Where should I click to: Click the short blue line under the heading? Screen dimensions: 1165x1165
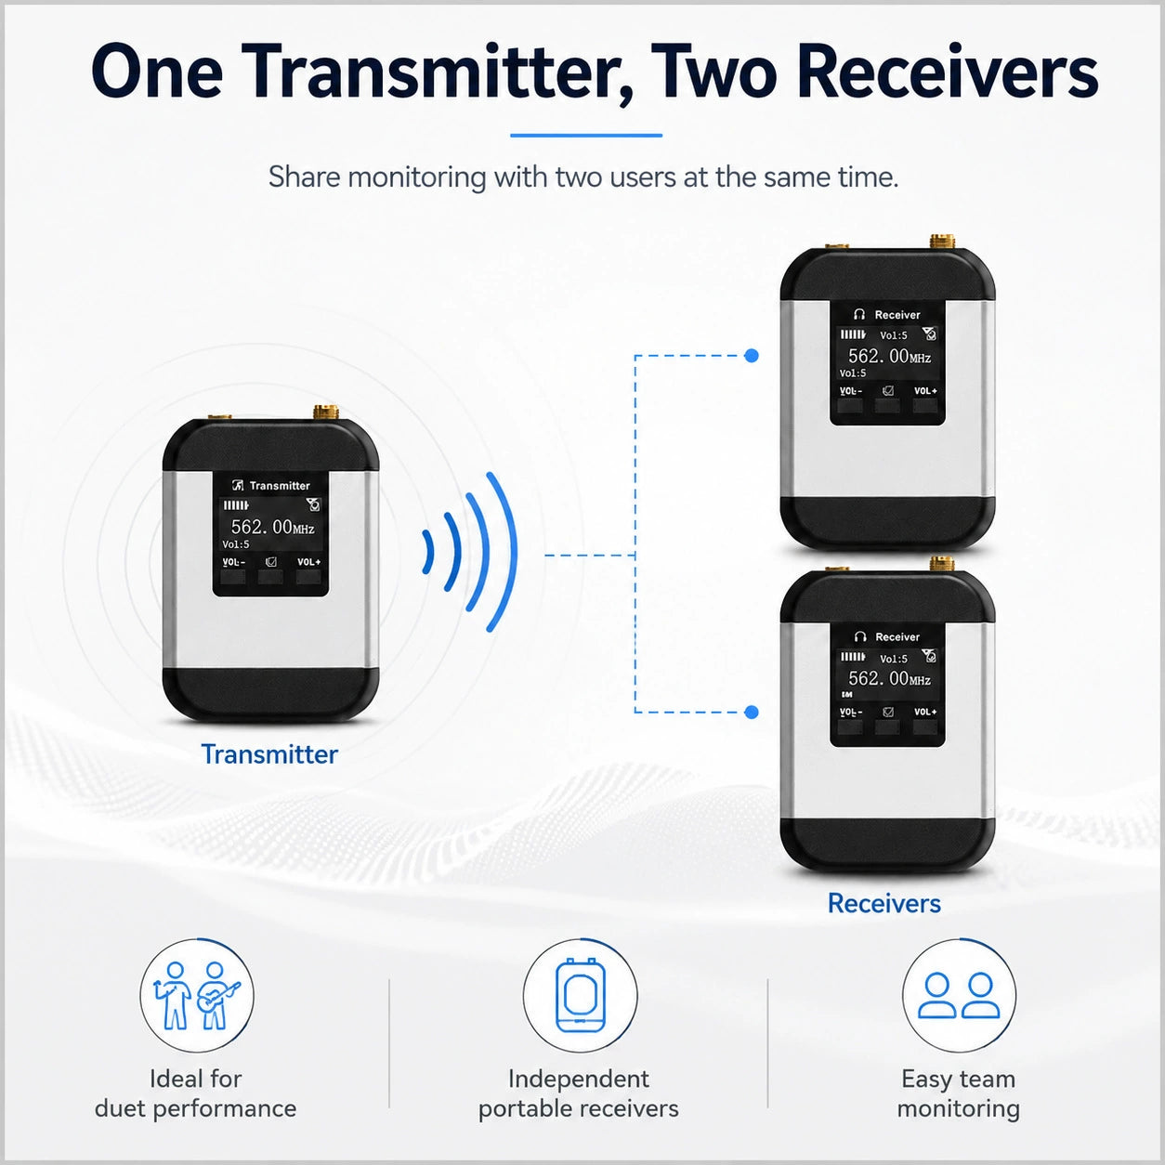pyautogui.click(x=586, y=136)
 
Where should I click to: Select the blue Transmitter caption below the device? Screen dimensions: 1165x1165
pyautogui.click(x=269, y=754)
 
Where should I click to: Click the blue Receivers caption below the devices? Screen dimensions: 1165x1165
pyautogui.click(x=884, y=904)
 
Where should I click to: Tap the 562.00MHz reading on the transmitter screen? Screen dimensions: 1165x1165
pyautogui.click(x=272, y=527)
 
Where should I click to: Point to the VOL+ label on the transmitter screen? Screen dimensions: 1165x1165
pyautogui.click(x=309, y=562)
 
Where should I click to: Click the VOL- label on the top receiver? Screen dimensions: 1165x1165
pyautogui.click(x=851, y=391)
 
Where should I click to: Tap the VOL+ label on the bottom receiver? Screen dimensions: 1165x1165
pyautogui.click(x=925, y=713)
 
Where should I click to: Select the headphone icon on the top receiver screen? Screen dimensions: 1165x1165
pyautogui.click(x=859, y=314)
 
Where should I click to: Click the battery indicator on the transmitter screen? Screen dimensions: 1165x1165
pyautogui.click(x=236, y=505)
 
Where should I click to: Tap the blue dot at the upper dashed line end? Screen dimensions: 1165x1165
pyautogui.click(x=752, y=356)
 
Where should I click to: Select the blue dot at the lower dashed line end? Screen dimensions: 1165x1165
pyautogui.click(x=752, y=713)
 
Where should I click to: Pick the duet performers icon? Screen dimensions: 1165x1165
pyautogui.click(x=196, y=996)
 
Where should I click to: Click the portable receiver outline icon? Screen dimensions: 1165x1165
pyautogui.click(x=580, y=995)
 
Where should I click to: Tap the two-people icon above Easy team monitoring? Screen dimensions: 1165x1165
pyautogui.click(x=959, y=996)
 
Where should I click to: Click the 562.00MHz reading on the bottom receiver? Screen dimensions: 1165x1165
pyautogui.click(x=889, y=678)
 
